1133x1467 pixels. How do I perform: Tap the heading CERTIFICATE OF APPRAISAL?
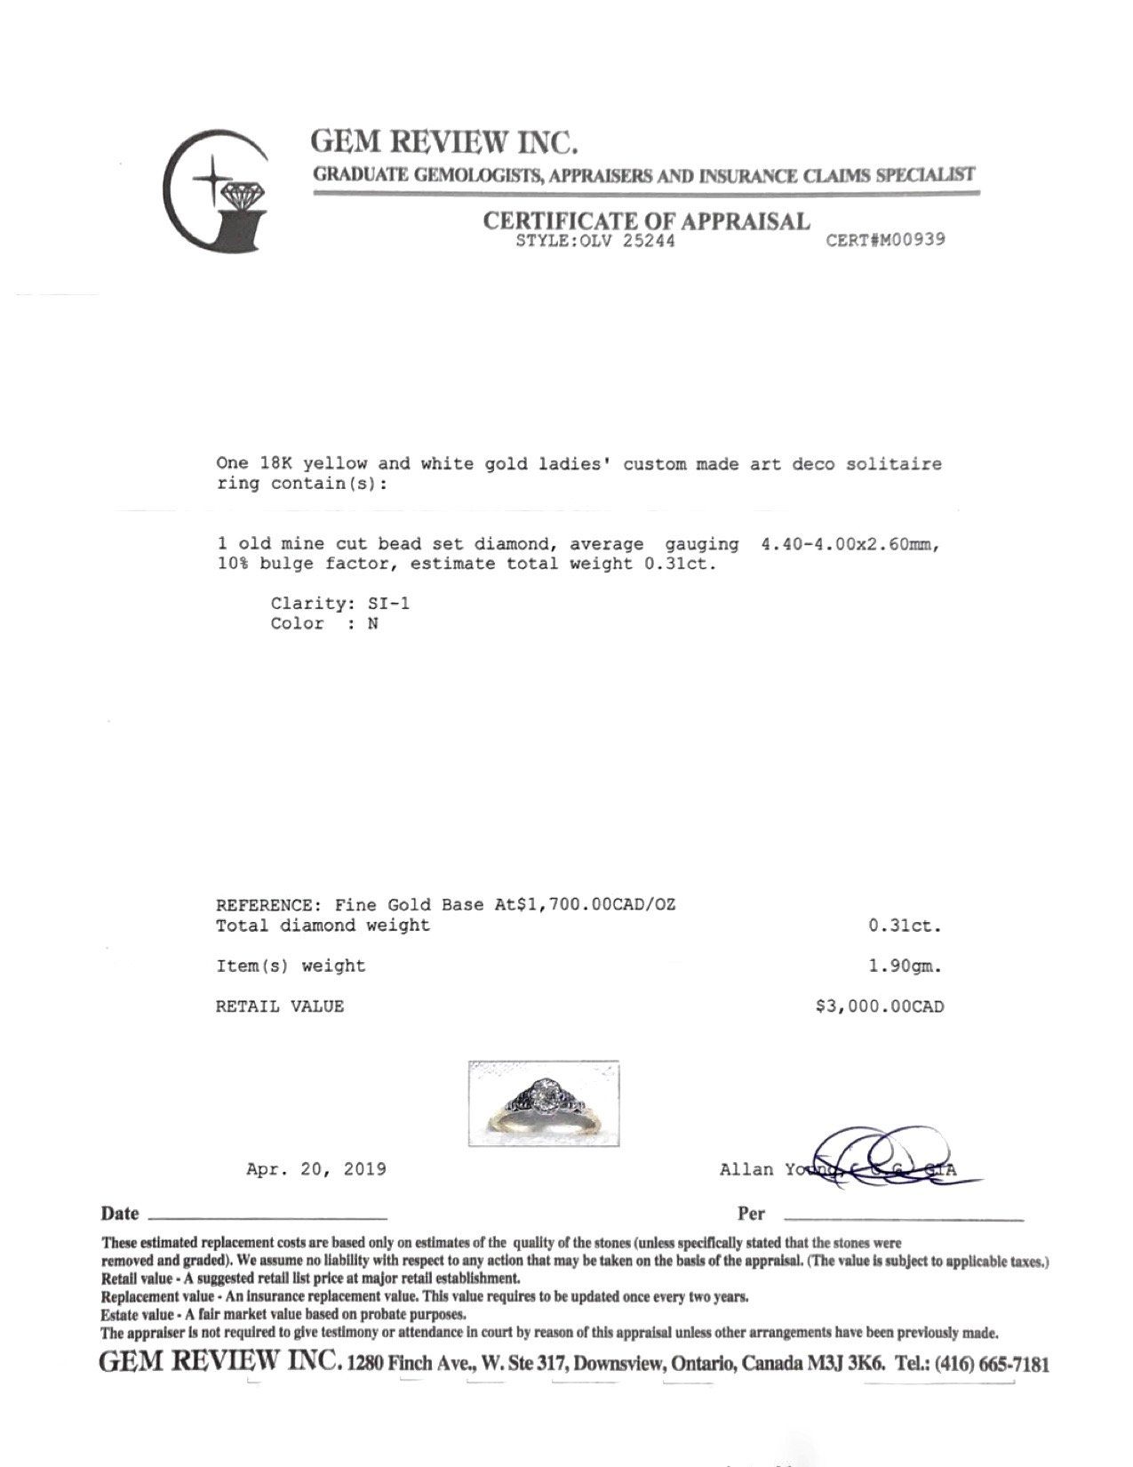(x=646, y=220)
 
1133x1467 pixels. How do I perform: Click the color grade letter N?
(x=373, y=623)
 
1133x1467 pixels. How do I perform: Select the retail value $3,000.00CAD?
(x=880, y=1006)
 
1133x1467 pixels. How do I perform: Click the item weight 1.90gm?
(x=906, y=966)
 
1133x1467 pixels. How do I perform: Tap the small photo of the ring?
(x=543, y=1103)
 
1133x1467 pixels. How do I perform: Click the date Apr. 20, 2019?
(x=316, y=1168)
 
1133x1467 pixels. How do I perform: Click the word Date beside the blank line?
(x=120, y=1214)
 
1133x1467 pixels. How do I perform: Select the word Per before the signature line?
(x=751, y=1214)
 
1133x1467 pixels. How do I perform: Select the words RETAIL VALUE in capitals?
(x=280, y=1006)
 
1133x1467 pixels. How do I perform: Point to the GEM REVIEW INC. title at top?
(x=444, y=142)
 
